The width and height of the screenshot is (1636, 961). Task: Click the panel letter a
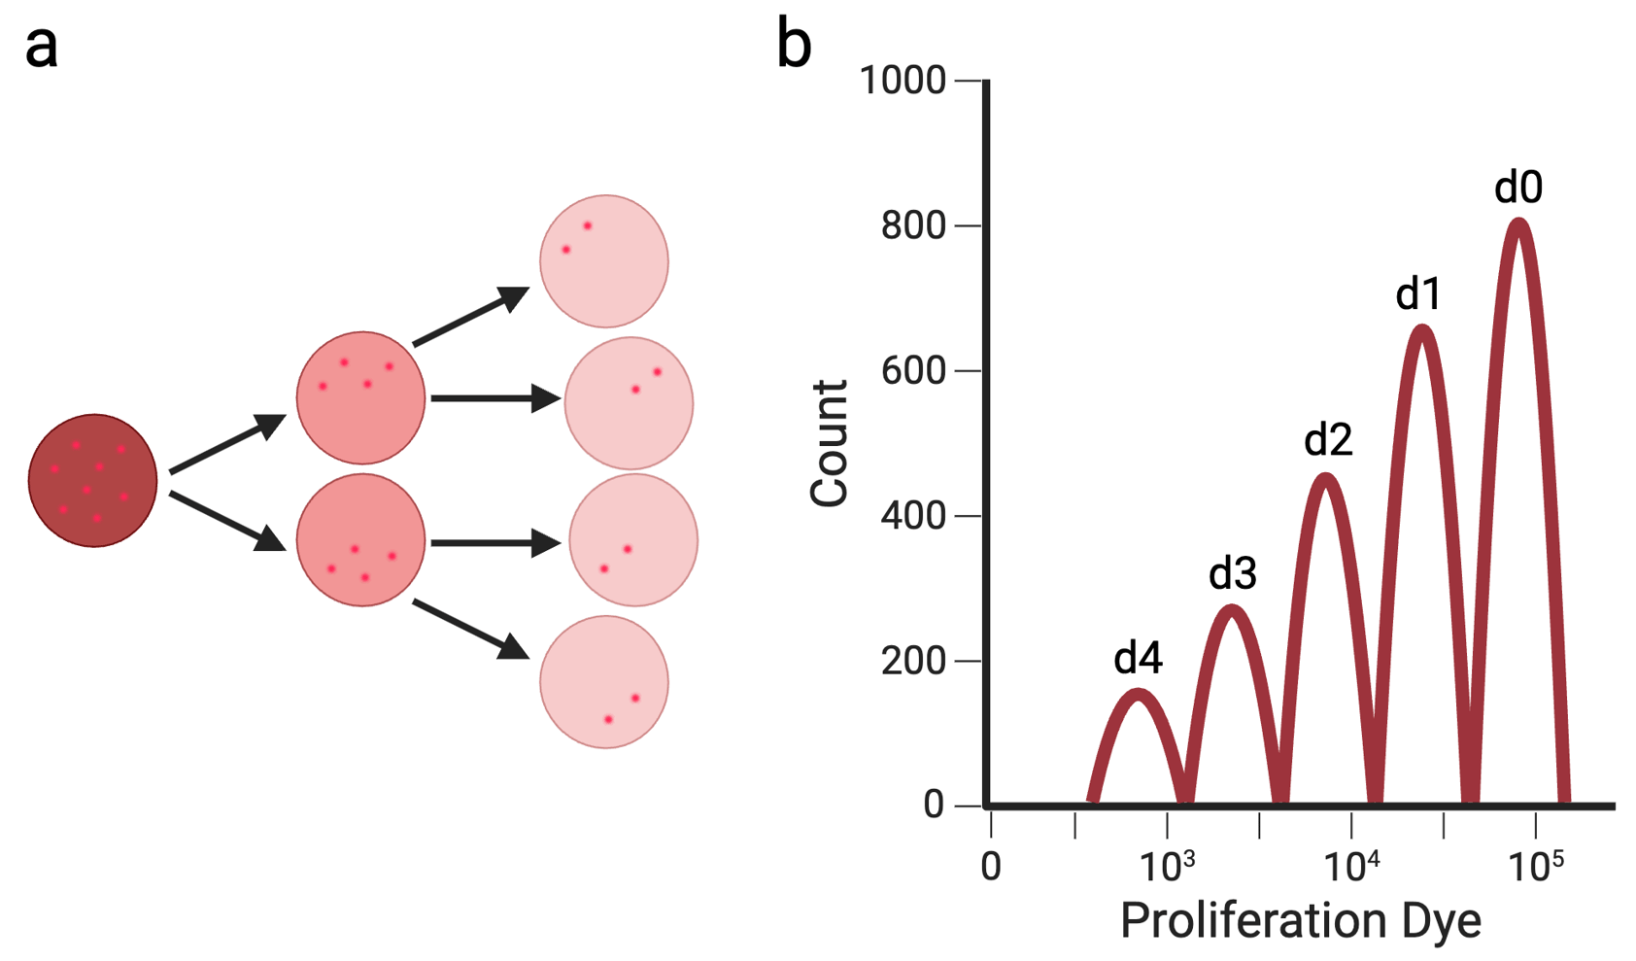pyautogui.click(x=42, y=47)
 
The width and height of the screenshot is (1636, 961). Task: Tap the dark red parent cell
pyautogui.click(x=92, y=481)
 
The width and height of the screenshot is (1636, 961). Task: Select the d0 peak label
pyautogui.click(x=1517, y=188)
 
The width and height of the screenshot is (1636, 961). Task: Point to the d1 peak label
pyautogui.click(x=1418, y=293)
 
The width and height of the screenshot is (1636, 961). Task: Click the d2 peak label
pyautogui.click(x=1328, y=441)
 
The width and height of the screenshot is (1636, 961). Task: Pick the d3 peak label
pyautogui.click(x=1233, y=574)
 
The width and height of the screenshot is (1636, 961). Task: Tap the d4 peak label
pyautogui.click(x=1138, y=659)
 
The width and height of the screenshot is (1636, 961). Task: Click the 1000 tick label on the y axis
pyautogui.click(x=903, y=81)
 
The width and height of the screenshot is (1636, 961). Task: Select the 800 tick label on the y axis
pyautogui.click(x=913, y=225)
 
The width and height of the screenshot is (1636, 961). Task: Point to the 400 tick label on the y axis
pyautogui.click(x=913, y=516)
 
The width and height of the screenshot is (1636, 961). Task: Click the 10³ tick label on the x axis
pyautogui.click(x=1166, y=865)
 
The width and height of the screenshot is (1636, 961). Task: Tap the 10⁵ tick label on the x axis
pyautogui.click(x=1536, y=865)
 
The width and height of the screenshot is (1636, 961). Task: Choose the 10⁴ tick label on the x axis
pyautogui.click(x=1351, y=865)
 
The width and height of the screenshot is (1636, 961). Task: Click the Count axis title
pyautogui.click(x=829, y=443)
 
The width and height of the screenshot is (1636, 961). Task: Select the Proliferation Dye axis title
pyautogui.click(x=1301, y=920)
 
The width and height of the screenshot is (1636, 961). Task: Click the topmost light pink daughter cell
pyautogui.click(x=604, y=261)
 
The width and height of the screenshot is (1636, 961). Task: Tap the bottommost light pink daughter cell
pyautogui.click(x=604, y=682)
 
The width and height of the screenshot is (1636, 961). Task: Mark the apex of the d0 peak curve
pyautogui.click(x=1518, y=223)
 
